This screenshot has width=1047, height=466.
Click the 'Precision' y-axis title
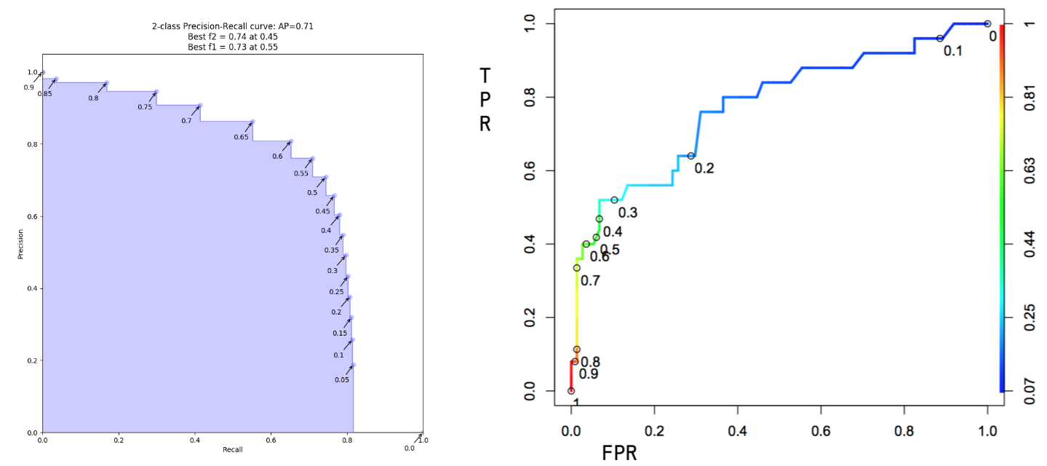(22, 245)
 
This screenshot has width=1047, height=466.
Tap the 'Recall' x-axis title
(233, 449)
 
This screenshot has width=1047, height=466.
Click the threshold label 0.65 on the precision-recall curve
(242, 137)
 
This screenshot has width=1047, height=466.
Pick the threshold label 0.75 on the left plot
(145, 107)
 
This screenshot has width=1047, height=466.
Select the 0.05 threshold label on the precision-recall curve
(342, 379)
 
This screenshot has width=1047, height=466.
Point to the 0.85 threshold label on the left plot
(44, 93)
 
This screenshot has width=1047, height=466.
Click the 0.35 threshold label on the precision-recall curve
(331, 250)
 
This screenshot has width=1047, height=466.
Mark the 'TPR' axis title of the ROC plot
(485, 100)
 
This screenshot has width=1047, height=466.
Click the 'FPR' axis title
(620, 453)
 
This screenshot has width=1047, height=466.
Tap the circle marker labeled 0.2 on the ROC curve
(690, 156)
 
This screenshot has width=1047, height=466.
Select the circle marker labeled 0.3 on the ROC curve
(614, 200)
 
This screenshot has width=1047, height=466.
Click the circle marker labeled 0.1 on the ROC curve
(940, 38)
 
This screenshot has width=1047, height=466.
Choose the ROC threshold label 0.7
(590, 280)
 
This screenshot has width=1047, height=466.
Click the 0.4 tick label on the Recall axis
(194, 441)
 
